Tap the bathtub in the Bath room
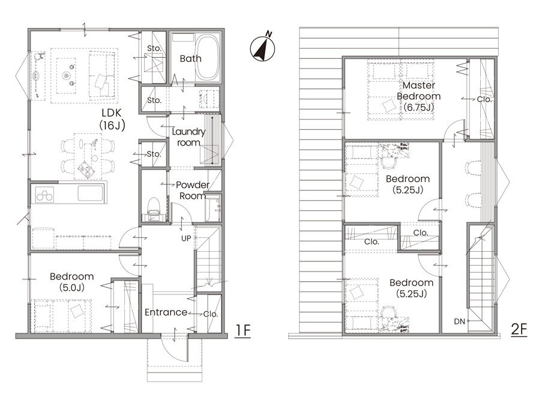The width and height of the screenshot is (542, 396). (x=208, y=58)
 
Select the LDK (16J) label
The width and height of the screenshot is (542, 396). (x=112, y=119)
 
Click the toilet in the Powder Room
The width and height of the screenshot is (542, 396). (x=153, y=206)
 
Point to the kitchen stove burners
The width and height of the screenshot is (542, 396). (x=45, y=195)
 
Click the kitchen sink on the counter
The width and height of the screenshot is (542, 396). (x=90, y=193)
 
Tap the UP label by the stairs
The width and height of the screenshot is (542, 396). (x=186, y=238)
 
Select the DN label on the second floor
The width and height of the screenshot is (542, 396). (x=459, y=321)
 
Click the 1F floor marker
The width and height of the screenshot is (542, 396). (x=242, y=331)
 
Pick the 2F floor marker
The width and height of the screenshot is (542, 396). (x=519, y=329)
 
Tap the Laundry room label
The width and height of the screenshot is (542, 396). (x=188, y=137)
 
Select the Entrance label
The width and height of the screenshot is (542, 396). (x=166, y=312)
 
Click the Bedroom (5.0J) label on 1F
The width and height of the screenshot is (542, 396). (x=72, y=282)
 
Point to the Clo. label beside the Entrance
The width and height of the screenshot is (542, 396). (x=211, y=314)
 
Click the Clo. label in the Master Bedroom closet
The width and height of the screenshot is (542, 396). (x=484, y=99)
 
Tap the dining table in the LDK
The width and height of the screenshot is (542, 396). (x=88, y=156)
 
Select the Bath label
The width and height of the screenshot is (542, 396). (x=190, y=58)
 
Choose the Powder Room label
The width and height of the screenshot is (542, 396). (x=193, y=190)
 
